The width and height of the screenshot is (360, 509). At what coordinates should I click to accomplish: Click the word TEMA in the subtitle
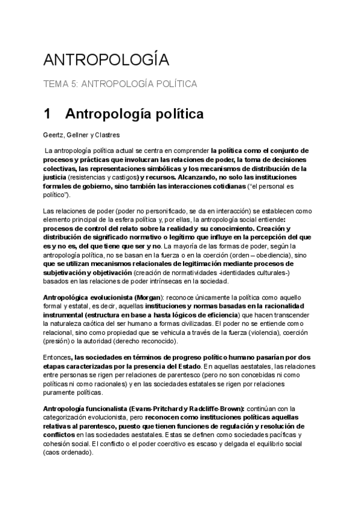pyautogui.click(x=56, y=85)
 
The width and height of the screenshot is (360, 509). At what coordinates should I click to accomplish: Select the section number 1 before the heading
pyautogui.click(x=47, y=113)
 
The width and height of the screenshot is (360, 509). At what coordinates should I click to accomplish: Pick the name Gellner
pyautogui.click(x=80, y=134)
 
